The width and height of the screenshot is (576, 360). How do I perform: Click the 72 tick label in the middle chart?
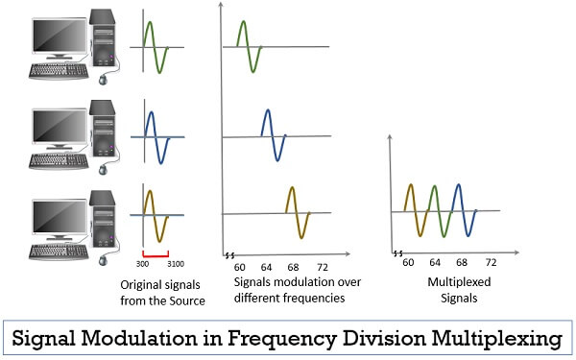[323, 265]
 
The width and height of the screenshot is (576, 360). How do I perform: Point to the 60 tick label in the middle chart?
[240, 265]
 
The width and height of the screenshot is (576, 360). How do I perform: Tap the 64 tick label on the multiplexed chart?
[435, 261]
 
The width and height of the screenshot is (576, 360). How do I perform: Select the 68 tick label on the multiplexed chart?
[462, 261]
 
